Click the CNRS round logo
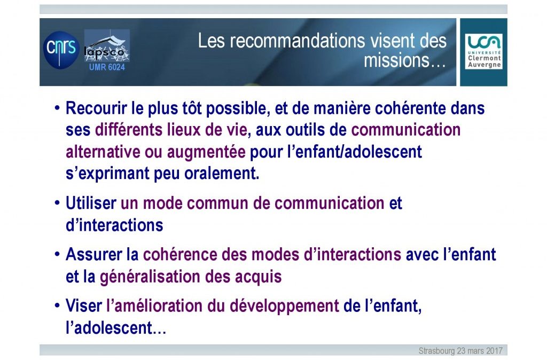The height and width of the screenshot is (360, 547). pos(61,50)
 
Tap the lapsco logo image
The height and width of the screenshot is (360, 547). pos(107,46)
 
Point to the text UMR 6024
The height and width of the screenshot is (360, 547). pos(107,67)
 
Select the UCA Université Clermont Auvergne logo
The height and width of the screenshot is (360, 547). pos(483,52)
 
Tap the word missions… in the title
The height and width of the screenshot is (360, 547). pos(405,60)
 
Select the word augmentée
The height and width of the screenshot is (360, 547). pos(206,152)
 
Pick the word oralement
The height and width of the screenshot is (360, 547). pos(222,174)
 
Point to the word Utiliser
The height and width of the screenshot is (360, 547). pos(91,203)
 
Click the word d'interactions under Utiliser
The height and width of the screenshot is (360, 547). pos(114,225)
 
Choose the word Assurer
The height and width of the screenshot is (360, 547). pos(94,254)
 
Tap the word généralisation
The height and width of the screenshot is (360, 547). pos(150,277)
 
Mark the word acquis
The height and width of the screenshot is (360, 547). pos(258,277)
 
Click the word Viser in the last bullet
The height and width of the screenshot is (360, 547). pos(84,306)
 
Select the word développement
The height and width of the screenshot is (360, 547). pos(284,306)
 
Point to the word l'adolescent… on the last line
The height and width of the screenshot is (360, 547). pos(116,328)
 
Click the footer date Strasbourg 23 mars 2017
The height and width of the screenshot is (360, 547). pos(460,350)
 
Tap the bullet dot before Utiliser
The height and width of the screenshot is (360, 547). pos(57,203)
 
